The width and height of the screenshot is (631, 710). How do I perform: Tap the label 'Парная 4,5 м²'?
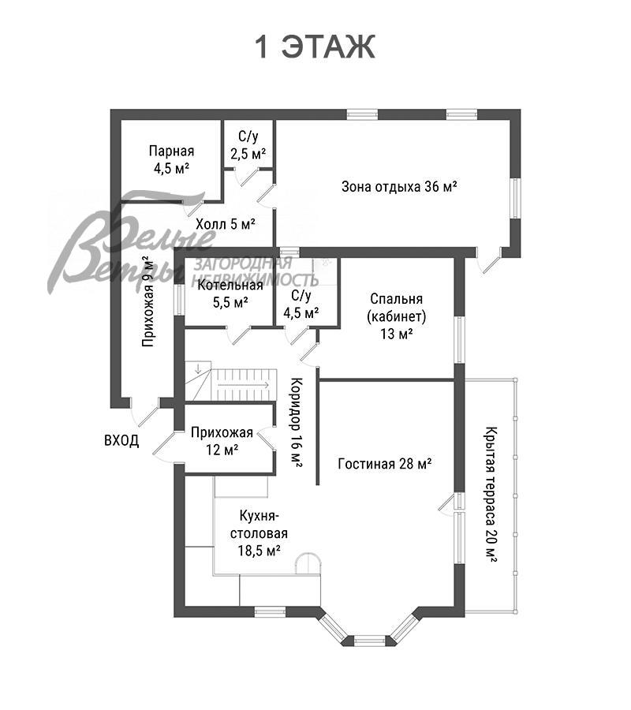171,159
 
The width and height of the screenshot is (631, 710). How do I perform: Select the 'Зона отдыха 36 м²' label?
400,187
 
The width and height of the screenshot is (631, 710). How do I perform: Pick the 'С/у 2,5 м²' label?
248,145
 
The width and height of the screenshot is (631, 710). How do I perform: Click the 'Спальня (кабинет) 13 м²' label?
396,316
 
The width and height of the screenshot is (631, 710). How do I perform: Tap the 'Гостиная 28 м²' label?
384,464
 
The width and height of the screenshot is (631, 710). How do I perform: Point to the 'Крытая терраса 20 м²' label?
491,493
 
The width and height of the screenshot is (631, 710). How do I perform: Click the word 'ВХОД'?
121,440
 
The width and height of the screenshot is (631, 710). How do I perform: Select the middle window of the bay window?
368,641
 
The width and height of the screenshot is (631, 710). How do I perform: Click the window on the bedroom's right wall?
458,338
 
